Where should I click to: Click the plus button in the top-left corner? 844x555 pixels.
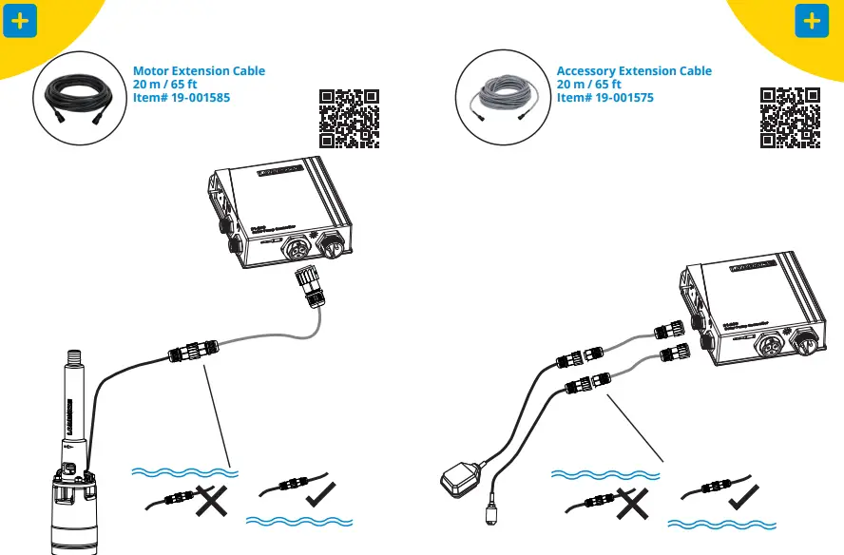(21, 21)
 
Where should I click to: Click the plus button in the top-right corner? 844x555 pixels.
(811, 21)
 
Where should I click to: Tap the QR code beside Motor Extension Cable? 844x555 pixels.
(349, 119)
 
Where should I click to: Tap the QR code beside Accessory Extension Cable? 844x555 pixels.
(790, 118)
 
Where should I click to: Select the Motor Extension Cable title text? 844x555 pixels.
(199, 71)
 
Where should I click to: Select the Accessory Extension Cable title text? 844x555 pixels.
(634, 71)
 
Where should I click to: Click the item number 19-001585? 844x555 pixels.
(182, 98)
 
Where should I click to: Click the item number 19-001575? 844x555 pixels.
(605, 98)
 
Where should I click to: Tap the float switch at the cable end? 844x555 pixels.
(463, 478)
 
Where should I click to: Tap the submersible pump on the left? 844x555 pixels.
(72, 475)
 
